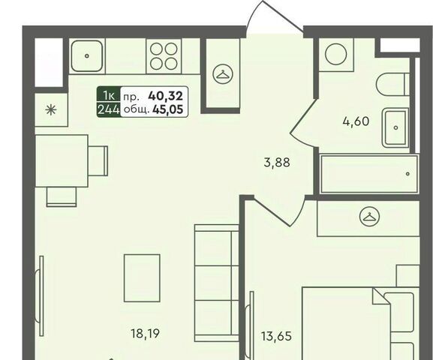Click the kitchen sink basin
[x=87, y=55]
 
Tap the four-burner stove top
[x=164, y=56]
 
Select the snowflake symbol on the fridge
[x=51, y=110]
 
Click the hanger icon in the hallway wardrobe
[x=223, y=74]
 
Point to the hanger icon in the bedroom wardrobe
[x=369, y=216]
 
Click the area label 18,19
[x=146, y=334]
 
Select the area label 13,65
[x=277, y=336]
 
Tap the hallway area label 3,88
[x=277, y=162]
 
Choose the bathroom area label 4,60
[x=356, y=121]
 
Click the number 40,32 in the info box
[x=166, y=96]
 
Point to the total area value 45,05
[x=167, y=109]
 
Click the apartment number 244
[x=109, y=110]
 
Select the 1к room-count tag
[x=109, y=96]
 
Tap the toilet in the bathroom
[x=392, y=84]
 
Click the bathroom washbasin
[x=395, y=127]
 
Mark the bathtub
[x=369, y=174]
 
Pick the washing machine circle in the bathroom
[x=335, y=54]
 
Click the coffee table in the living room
[x=142, y=277]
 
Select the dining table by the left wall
[x=62, y=160]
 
